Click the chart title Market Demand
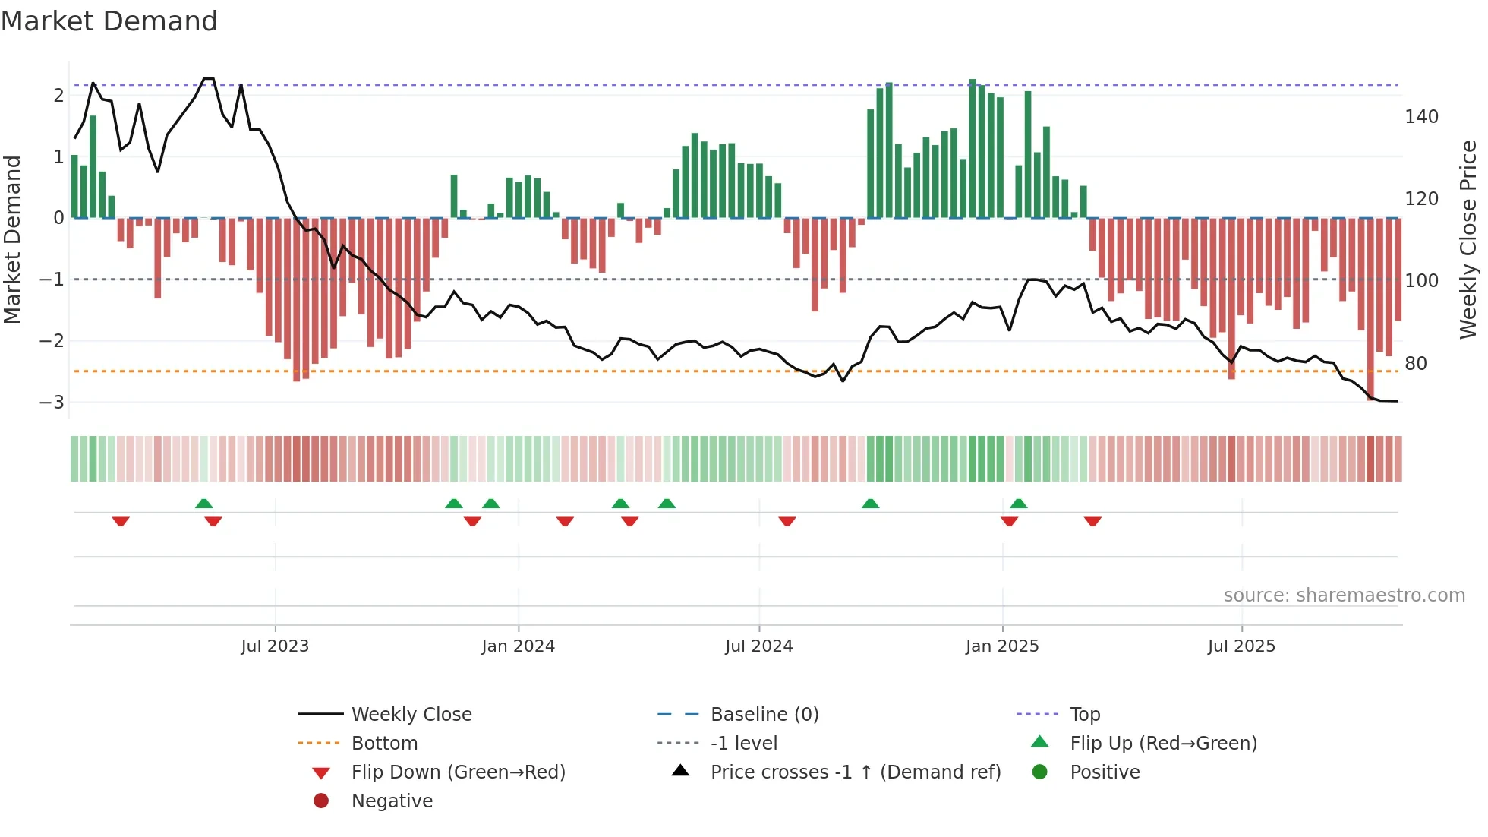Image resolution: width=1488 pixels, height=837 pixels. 109,21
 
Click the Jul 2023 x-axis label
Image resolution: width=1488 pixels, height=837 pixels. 275,646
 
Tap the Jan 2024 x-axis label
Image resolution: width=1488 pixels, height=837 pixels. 518,646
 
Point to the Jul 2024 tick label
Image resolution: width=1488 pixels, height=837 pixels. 758,646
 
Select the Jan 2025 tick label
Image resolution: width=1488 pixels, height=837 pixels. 1002,646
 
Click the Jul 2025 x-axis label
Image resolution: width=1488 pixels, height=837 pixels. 1241,646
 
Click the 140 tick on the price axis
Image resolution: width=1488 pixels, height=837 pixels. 1421,117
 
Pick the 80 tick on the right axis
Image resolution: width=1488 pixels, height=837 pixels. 1415,364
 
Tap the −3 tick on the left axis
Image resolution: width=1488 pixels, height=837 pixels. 52,403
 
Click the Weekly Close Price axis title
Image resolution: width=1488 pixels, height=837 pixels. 1468,239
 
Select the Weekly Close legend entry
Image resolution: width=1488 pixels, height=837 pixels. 411,715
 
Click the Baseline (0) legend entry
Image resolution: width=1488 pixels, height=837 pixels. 764,715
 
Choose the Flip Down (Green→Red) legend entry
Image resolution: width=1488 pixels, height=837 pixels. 458,772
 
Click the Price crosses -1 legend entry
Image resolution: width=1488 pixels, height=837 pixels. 855,772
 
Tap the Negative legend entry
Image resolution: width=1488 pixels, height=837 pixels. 392,801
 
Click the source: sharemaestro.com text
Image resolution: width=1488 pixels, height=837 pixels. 1344,595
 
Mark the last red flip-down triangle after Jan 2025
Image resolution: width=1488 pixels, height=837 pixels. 1092,521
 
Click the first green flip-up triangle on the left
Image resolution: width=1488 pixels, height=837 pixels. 203,504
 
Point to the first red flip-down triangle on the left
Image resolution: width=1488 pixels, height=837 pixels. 121,521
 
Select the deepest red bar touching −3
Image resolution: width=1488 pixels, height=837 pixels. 1370,311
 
